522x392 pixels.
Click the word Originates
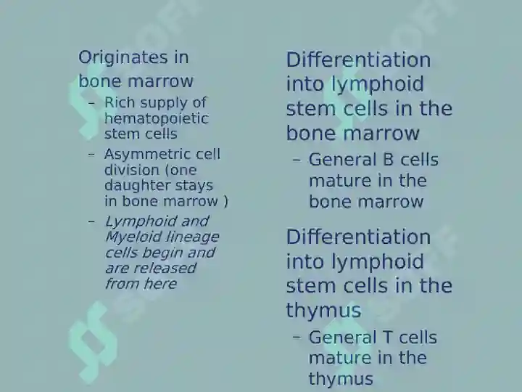coord(123,58)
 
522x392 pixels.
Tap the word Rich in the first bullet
coord(120,102)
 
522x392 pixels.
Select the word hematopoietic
coord(157,119)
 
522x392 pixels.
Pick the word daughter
coord(137,186)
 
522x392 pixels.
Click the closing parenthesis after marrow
coord(226,202)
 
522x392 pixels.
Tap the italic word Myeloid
coord(134,237)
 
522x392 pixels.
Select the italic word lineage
coord(192,237)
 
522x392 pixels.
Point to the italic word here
coord(160,284)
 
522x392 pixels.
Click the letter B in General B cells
coord(388,160)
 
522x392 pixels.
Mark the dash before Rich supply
coord(91,103)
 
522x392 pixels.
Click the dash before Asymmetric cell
coord(91,155)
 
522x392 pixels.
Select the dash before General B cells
coord(297,160)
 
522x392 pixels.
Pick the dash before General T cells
coord(297,337)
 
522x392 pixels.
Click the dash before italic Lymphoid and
coord(91,221)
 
